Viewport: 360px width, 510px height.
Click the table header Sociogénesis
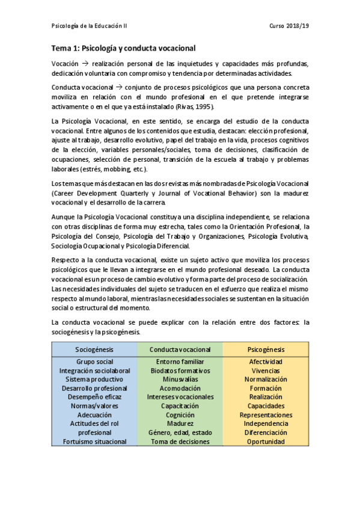click(94, 349)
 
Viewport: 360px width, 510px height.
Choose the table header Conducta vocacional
click(180, 349)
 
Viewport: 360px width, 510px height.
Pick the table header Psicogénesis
click(266, 349)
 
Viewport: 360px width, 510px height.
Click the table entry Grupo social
click(94, 362)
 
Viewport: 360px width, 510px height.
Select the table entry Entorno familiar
click(180, 362)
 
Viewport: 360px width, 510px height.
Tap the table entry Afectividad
click(266, 362)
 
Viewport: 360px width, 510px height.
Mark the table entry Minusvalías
click(180, 379)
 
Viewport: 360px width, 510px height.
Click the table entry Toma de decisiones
click(180, 441)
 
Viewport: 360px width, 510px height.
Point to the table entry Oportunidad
click(266, 441)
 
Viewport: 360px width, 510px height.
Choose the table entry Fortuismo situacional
click(94, 441)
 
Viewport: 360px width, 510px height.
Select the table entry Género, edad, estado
click(180, 432)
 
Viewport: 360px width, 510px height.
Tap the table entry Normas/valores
click(94, 406)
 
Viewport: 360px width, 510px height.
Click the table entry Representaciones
click(266, 415)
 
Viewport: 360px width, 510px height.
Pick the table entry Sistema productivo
click(94, 379)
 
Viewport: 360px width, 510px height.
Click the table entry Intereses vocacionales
click(180, 397)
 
